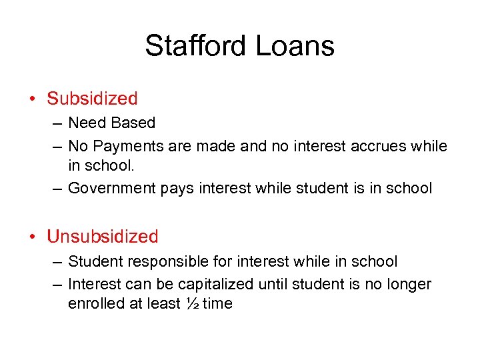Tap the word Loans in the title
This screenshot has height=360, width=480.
coord(295,46)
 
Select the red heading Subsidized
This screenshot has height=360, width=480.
coord(92,99)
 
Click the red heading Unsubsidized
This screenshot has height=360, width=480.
coord(103,237)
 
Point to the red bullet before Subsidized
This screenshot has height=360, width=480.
coord(33,99)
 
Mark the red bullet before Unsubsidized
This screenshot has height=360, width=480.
coord(33,237)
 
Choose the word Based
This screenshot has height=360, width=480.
coord(133,123)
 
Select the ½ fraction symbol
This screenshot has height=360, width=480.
coord(191,303)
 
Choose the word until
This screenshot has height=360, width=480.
coord(273,285)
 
